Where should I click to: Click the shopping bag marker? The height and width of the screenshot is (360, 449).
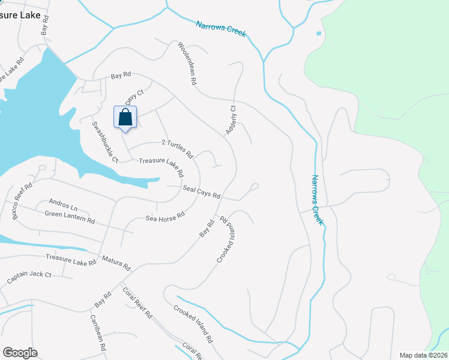(x=125, y=117)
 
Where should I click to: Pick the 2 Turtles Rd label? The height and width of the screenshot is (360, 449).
(x=178, y=148)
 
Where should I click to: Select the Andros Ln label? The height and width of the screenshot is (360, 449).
(x=64, y=203)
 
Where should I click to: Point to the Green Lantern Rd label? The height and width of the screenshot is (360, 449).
(x=70, y=216)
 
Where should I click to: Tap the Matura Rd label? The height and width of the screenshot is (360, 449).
(x=116, y=263)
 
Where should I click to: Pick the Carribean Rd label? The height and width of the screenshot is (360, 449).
(x=98, y=333)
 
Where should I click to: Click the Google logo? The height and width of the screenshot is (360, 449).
(x=20, y=353)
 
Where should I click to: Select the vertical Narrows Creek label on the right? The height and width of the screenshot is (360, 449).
(x=317, y=200)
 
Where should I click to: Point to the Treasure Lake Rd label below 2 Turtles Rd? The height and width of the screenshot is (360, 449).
(x=161, y=166)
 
